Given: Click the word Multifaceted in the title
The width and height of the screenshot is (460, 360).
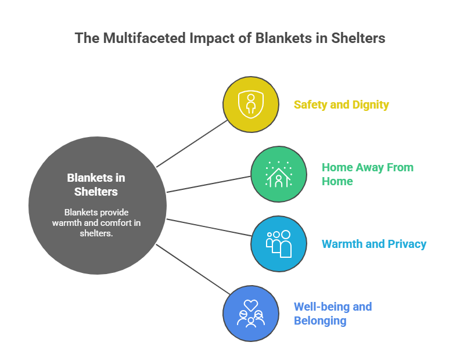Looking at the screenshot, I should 136,38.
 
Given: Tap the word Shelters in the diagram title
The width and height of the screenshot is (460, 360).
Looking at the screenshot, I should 358,38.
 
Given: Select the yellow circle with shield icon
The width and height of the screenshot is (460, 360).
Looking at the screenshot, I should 251,105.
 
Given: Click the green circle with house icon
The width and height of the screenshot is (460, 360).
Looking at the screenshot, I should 279,174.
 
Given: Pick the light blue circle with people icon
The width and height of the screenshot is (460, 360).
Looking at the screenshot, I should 279,244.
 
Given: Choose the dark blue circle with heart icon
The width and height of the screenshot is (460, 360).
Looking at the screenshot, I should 251,314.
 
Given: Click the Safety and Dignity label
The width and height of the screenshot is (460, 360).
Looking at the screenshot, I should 341,105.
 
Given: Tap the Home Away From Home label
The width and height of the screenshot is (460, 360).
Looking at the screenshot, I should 368,174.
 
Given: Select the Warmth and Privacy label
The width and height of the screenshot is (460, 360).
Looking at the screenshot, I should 374,244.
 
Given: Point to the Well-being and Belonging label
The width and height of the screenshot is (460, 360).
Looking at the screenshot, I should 332,314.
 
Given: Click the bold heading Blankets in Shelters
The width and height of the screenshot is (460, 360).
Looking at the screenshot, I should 96,185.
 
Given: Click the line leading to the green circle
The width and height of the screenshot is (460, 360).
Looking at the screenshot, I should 209,184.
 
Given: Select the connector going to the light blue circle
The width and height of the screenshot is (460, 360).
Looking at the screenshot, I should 209,227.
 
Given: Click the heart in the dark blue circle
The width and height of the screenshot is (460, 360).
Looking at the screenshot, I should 251,304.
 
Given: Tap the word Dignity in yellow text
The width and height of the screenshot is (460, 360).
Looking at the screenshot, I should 369,105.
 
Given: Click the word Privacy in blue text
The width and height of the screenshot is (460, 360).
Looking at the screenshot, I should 405,244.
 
